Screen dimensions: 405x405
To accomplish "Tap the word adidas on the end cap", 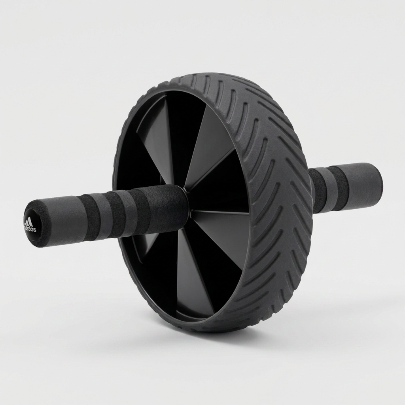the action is coord(30,229).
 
